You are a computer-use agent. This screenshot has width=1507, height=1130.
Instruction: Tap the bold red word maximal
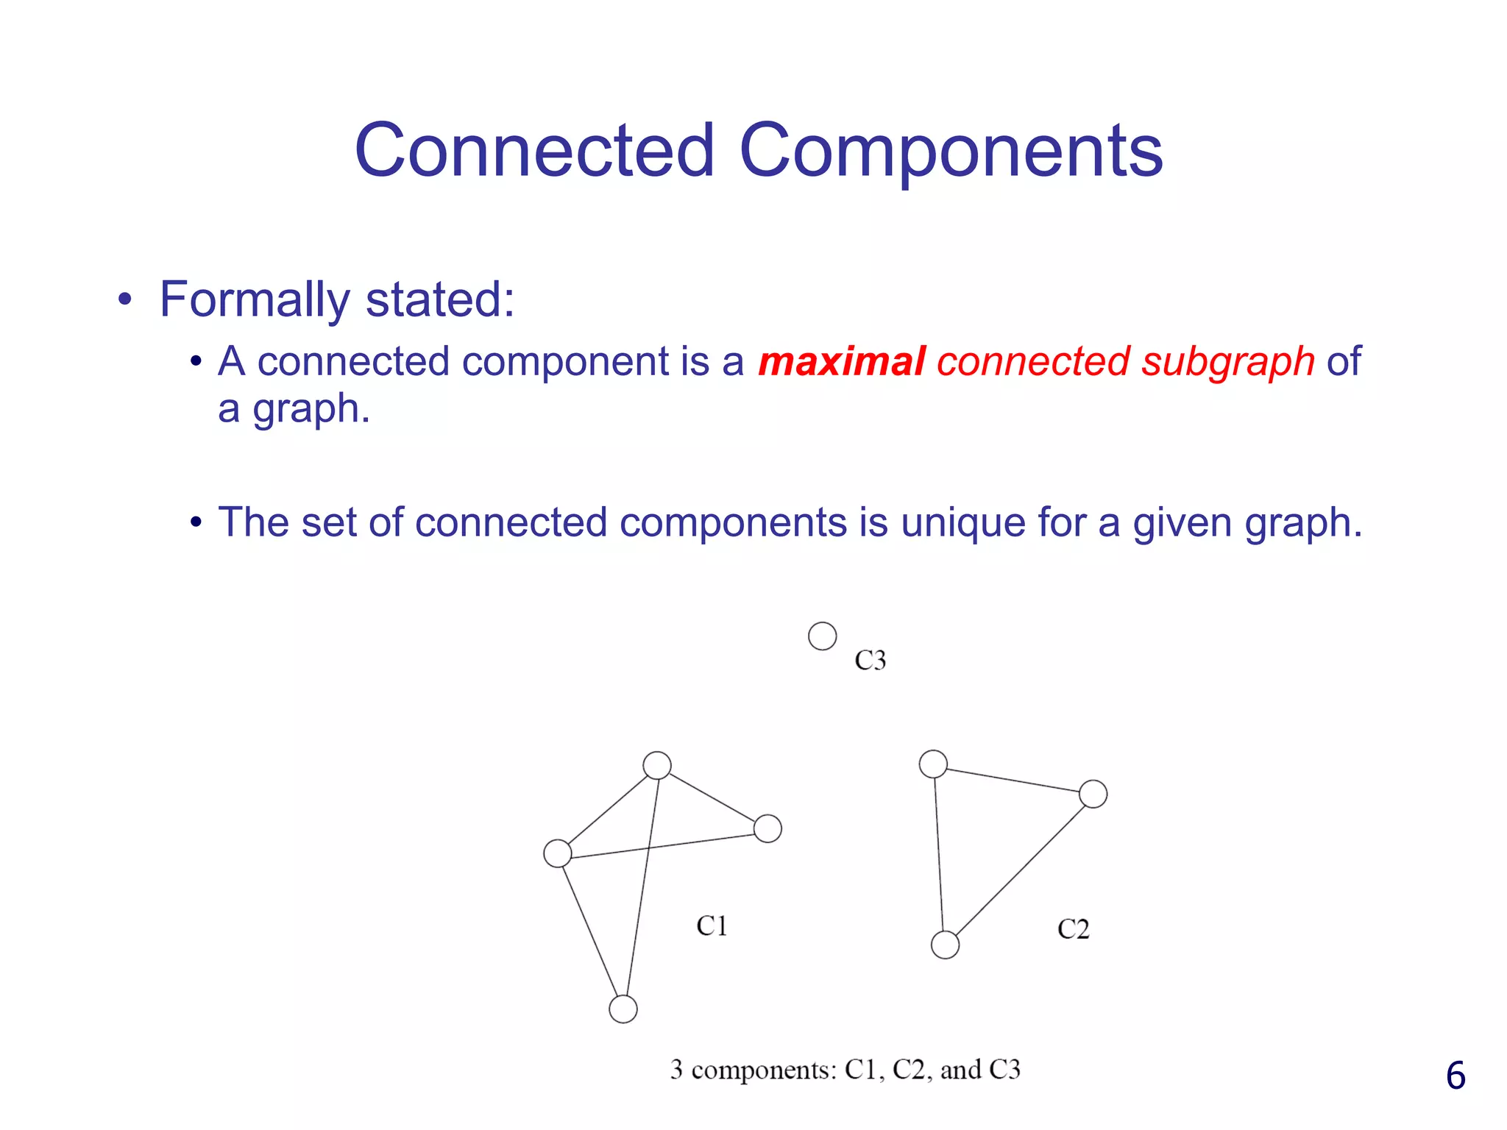[x=842, y=362]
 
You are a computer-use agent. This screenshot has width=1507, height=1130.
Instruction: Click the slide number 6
[x=1455, y=1076]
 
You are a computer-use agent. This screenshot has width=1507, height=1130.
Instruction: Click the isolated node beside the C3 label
[x=822, y=636]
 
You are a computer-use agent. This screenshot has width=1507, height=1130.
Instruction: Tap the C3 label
[x=870, y=660]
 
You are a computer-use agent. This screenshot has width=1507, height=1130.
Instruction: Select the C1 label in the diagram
[x=712, y=925]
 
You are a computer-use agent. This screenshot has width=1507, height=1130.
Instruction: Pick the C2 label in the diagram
[x=1073, y=929]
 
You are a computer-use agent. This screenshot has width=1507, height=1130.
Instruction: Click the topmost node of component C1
[x=657, y=765]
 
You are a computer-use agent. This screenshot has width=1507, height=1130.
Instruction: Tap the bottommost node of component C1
[x=623, y=1009]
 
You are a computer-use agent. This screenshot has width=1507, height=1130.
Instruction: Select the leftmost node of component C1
[x=558, y=853]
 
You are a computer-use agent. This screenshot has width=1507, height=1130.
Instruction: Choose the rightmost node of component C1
[x=767, y=828]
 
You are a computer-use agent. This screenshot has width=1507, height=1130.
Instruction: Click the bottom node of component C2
[x=945, y=945]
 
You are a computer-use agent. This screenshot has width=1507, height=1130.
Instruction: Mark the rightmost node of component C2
[x=1093, y=794]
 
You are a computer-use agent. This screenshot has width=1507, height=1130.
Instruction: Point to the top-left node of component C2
[x=933, y=764]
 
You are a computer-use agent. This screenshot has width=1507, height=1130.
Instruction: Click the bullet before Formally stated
[x=125, y=300]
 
